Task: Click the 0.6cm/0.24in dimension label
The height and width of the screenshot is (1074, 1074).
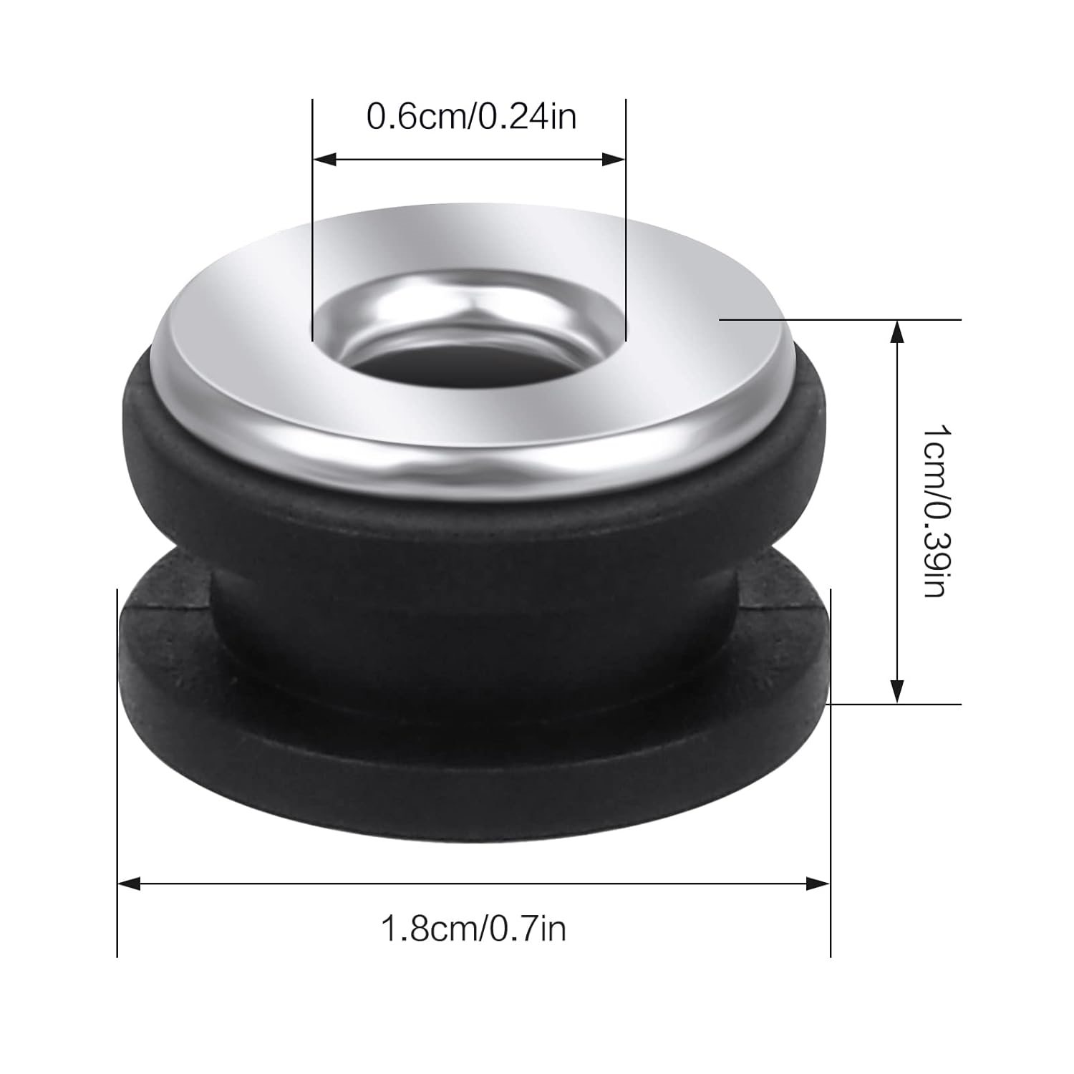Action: (471, 116)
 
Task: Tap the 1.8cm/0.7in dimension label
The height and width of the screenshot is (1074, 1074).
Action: (473, 929)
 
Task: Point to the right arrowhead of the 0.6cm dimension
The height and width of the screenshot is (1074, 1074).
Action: (614, 159)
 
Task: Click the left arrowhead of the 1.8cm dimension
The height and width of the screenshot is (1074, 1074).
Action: (129, 884)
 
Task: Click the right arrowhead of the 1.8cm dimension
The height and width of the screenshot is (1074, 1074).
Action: (818, 884)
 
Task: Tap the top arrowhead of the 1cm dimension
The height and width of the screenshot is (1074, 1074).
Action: (896, 332)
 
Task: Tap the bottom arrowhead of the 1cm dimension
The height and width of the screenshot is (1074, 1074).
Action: (896, 691)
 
